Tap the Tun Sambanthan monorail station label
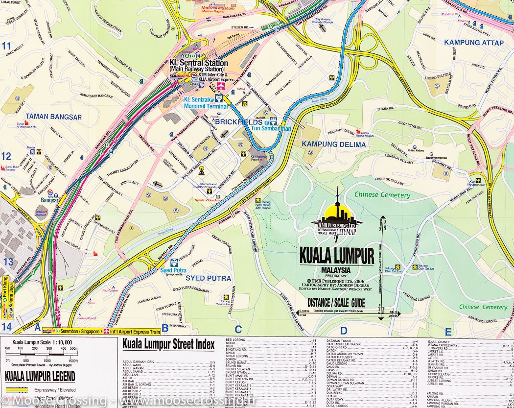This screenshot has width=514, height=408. click(271, 128)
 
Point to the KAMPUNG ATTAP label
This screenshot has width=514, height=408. click(473, 43)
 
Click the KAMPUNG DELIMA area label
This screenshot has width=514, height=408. click(333, 144)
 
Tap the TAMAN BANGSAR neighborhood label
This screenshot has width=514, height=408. click(54, 117)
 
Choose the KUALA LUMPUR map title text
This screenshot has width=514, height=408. click(336, 256)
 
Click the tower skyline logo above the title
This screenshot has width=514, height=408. click(337, 218)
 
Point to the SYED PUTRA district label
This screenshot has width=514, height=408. click(208, 278)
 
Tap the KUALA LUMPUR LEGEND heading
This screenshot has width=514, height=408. click(40, 377)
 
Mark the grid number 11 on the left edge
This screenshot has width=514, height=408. click(6, 47)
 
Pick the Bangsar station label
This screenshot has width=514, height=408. click(49, 200)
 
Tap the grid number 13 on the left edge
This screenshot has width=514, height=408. click(8, 262)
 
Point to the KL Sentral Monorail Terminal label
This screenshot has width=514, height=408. click(206, 103)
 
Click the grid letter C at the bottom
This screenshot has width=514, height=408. click(238, 329)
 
